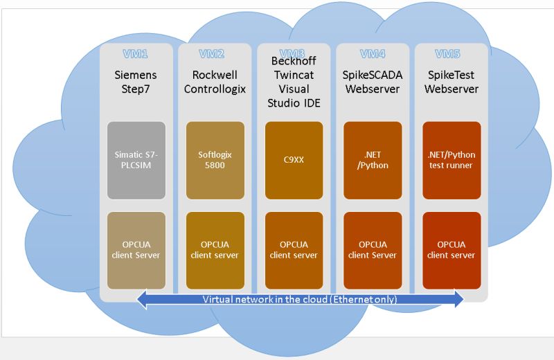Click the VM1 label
136,54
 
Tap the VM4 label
373,54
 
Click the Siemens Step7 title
136,82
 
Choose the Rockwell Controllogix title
215,82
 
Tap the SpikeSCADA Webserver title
373,82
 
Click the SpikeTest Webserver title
452,82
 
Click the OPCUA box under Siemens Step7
136,250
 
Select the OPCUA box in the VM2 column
215,250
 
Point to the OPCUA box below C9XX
294,250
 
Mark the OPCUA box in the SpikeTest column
452,250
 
